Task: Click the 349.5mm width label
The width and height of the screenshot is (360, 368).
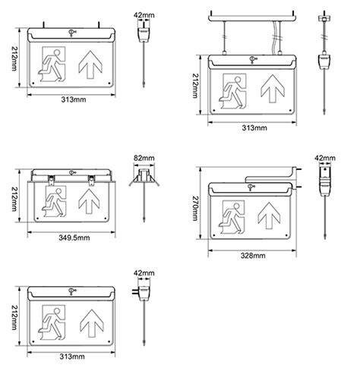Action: pyautogui.click(x=74, y=237)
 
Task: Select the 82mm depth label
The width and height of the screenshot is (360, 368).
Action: pyautogui.click(x=143, y=158)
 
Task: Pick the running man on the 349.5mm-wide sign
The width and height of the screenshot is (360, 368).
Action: pyautogui.click(x=54, y=203)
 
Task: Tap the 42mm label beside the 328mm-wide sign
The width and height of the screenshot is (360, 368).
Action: pyautogui.click(x=325, y=158)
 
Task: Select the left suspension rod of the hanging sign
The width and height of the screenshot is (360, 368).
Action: pyautogui.click(x=226, y=35)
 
